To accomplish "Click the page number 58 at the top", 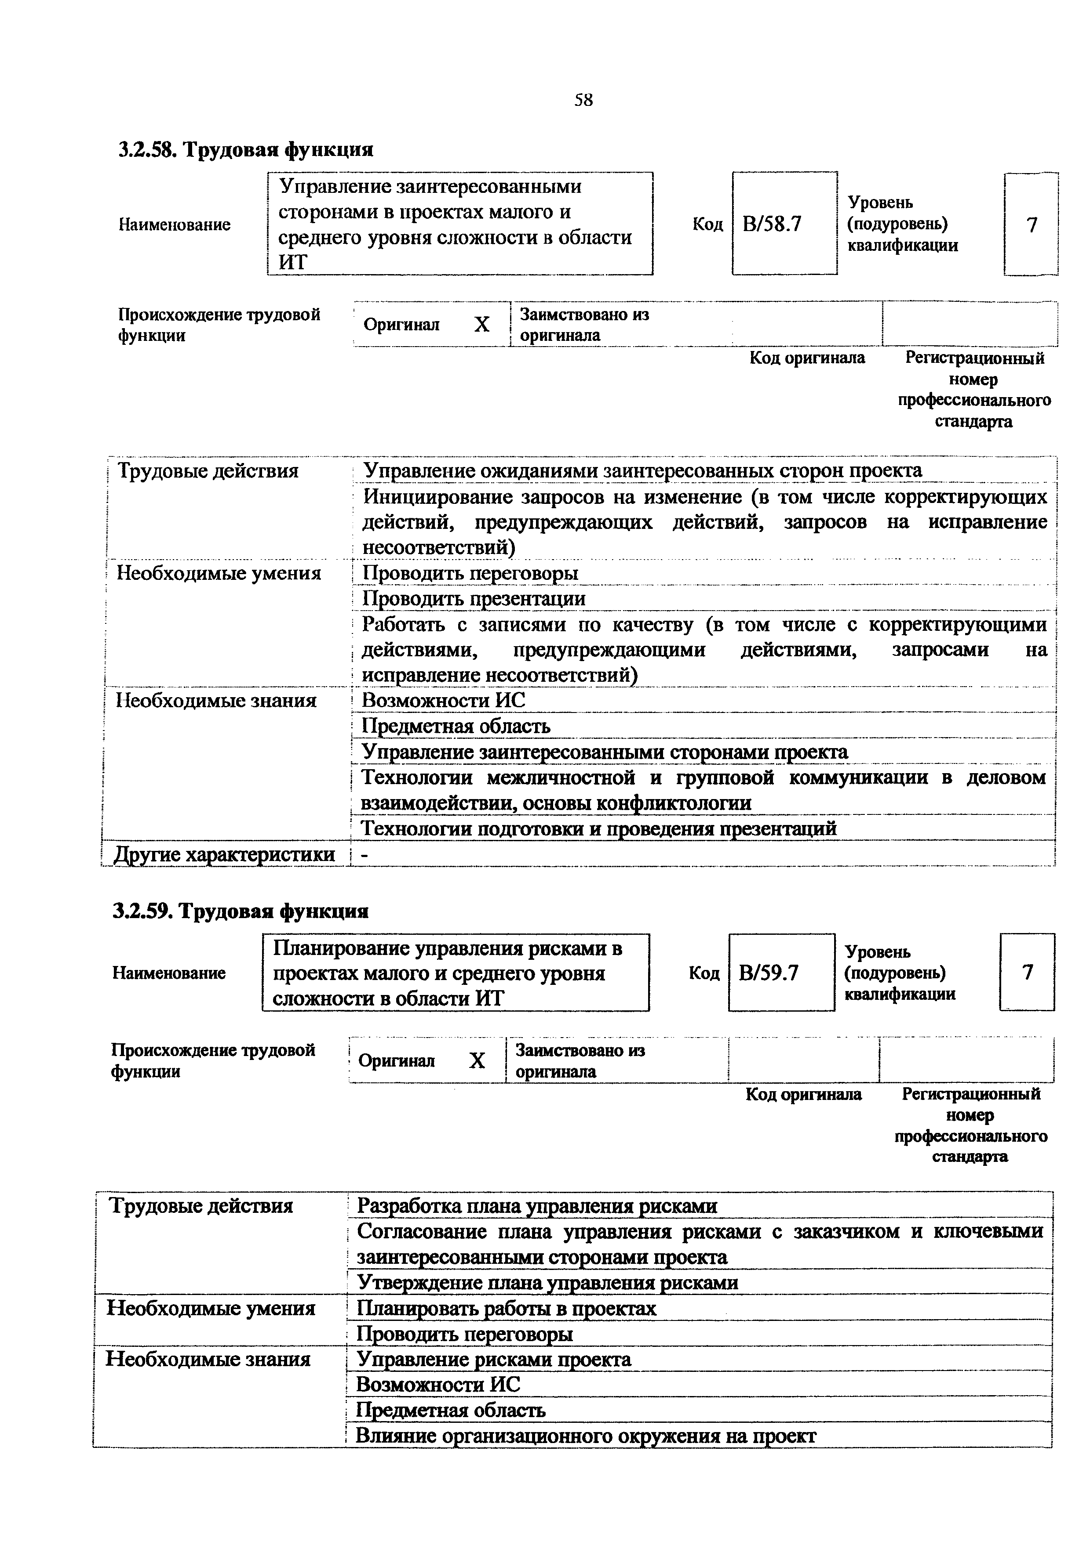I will (583, 101).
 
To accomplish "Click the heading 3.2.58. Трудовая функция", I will (246, 148).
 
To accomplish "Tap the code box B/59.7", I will (780, 973).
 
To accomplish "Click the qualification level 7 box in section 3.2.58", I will (1032, 224).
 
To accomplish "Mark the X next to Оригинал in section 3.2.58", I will (481, 325).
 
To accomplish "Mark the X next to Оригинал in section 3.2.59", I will (477, 1061).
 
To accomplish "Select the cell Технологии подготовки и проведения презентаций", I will (599, 829).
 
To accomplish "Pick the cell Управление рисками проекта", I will (494, 1359).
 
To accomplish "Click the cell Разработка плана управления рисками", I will (536, 1206).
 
